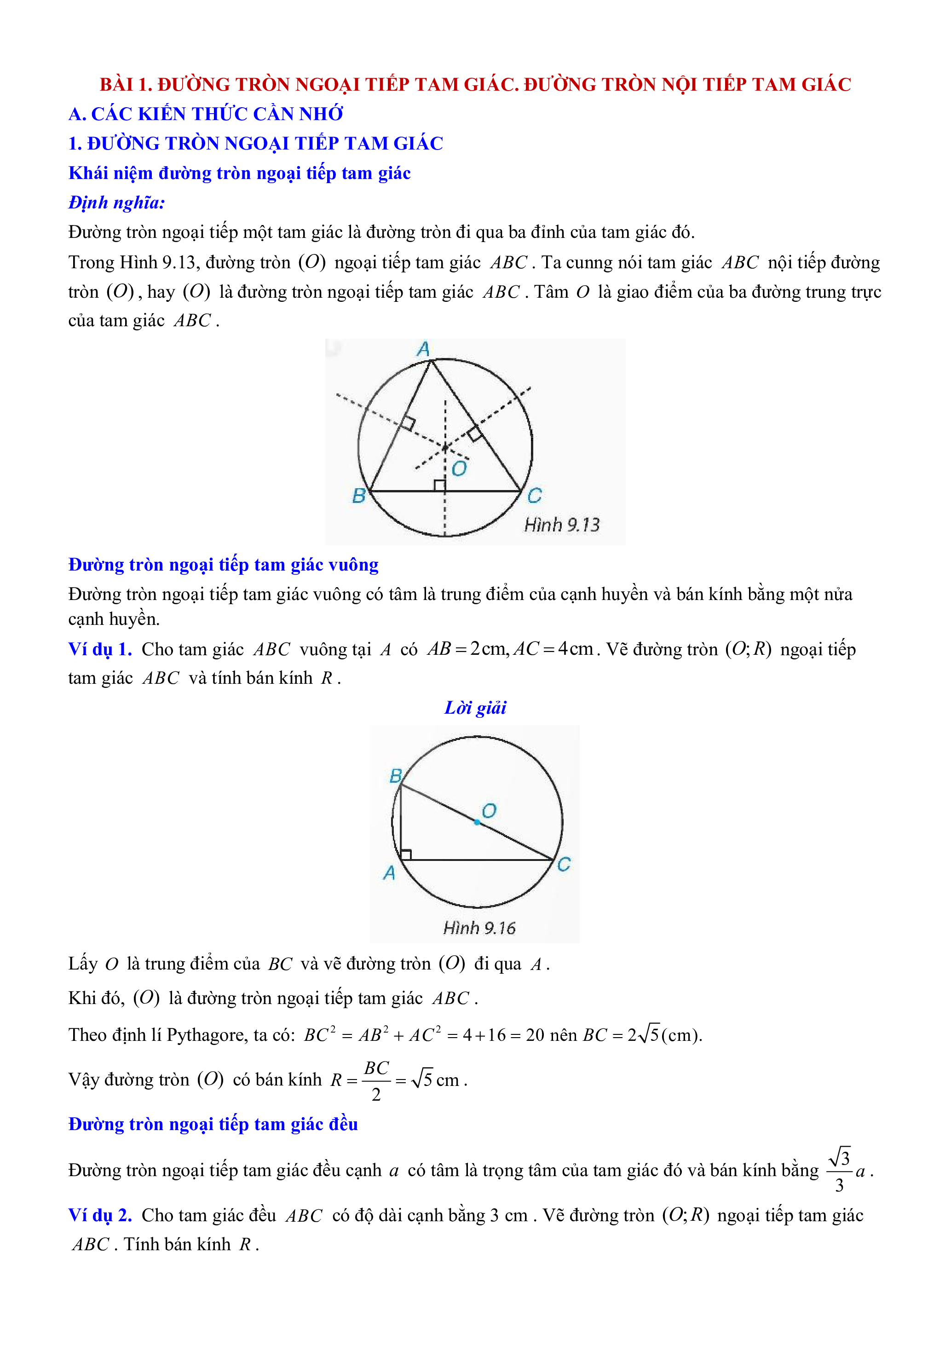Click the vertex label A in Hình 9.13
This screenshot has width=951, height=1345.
[x=423, y=349]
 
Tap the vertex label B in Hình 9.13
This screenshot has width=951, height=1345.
[x=358, y=496]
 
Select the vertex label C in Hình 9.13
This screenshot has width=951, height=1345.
[x=534, y=496]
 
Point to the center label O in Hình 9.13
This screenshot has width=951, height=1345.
[x=460, y=468]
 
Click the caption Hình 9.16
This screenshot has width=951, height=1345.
[x=479, y=928]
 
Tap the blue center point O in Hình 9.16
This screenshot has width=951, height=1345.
[x=477, y=822]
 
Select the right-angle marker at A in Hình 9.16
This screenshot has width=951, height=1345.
[x=405, y=854]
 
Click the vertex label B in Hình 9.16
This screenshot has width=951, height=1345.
[x=396, y=776]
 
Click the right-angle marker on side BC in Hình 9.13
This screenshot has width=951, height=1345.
[x=439, y=485]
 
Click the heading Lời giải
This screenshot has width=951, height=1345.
[x=475, y=708]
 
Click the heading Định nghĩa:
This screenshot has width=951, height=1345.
[x=116, y=202]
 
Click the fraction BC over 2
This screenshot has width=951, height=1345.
[x=376, y=1081]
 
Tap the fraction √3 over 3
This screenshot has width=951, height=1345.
[x=839, y=1171]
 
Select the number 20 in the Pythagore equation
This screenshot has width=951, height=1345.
[x=535, y=1035]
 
